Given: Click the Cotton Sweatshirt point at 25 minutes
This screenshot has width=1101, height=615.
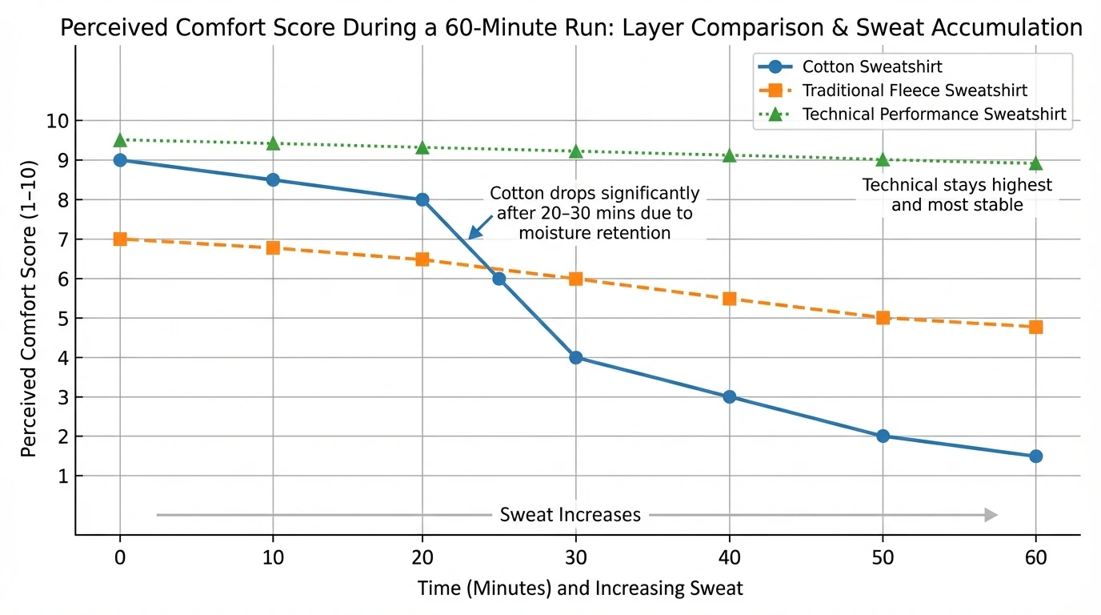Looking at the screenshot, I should pos(499,279).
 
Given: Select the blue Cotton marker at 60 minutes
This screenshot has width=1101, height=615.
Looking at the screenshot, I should pos(1035,456).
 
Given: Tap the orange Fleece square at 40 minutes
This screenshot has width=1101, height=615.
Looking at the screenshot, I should pos(729,299).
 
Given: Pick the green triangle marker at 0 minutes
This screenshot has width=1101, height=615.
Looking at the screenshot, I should pos(120,141).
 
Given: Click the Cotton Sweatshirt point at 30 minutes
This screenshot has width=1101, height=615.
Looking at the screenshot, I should pos(576,358).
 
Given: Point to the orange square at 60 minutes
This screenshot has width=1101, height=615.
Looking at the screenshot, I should pos(1035,328).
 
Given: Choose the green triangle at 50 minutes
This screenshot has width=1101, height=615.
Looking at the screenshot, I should pos(883,160).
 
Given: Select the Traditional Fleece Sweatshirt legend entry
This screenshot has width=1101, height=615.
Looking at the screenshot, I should pos(915,90).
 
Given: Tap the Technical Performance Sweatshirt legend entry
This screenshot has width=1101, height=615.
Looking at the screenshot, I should pos(934,115).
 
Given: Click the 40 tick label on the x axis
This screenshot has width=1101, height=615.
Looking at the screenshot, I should pos(729,557).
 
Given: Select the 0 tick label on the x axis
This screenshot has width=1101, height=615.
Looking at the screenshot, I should pos(120,557).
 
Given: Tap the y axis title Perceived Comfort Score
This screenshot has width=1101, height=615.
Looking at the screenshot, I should pos(29,318).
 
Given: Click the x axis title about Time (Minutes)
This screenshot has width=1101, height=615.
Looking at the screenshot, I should pos(580,589).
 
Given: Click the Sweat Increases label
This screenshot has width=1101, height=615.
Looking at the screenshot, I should pos(570,515).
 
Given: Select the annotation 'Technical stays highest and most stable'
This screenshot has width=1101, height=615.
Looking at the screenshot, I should pos(956,195).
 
